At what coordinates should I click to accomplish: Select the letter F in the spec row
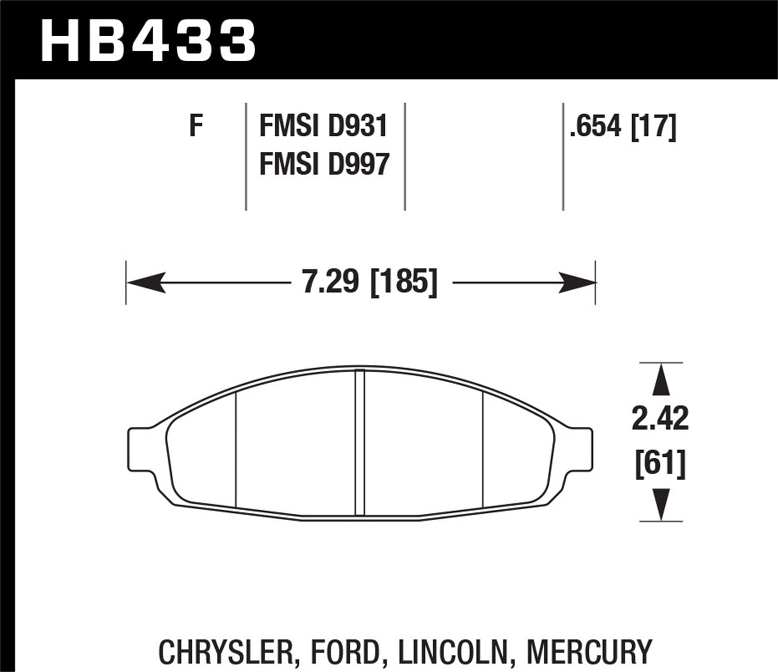coord(196,125)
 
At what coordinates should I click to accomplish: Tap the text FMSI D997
coord(324,164)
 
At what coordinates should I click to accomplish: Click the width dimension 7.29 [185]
coord(370,283)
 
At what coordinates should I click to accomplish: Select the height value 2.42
coord(660,418)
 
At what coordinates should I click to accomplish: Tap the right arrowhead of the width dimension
coord(577,283)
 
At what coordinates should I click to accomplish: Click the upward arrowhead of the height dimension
coord(660,381)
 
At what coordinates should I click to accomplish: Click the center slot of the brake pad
coord(360,443)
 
